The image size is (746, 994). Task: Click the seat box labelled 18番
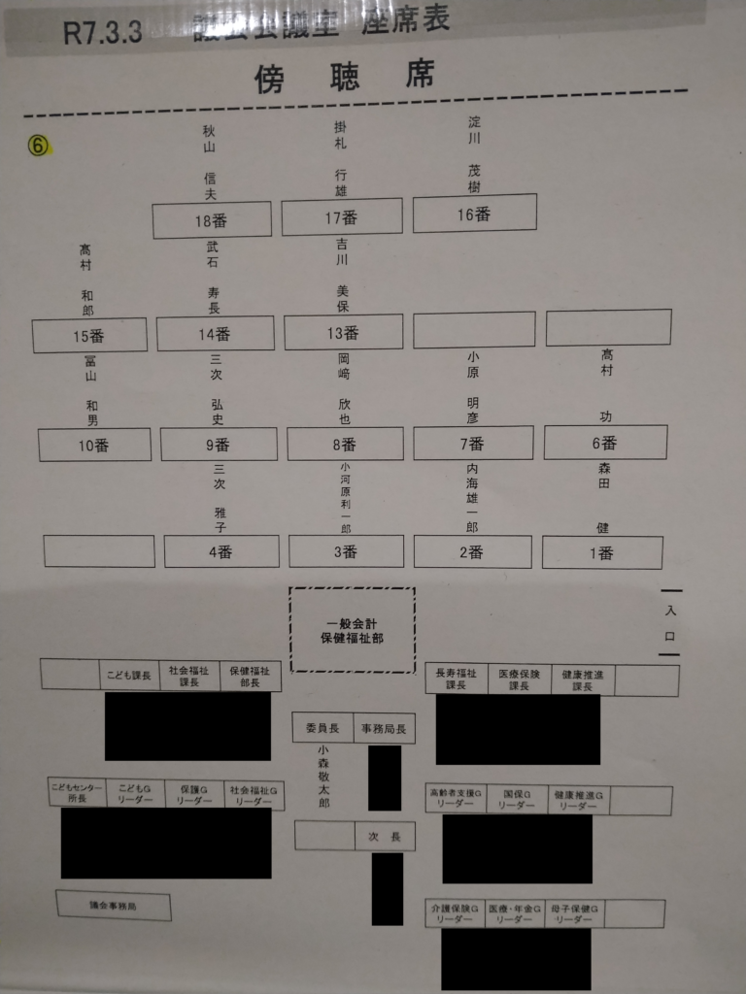(212, 220)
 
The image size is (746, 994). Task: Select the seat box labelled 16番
(474, 215)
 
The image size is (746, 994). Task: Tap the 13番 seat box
(343, 332)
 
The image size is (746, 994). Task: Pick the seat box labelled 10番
(94, 445)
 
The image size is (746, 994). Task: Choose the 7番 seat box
(473, 444)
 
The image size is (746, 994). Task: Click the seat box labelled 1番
(602, 552)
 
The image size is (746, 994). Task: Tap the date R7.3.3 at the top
(103, 32)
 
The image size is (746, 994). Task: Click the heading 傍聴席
(344, 77)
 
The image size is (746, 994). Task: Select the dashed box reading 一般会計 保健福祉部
(352, 630)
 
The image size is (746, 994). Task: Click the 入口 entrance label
(670, 623)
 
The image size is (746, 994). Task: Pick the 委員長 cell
(322, 728)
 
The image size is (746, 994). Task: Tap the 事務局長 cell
(384, 728)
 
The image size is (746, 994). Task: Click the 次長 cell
(384, 836)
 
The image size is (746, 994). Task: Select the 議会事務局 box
(113, 906)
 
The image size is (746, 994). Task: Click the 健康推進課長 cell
(582, 679)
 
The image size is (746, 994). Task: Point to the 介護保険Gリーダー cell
(454, 913)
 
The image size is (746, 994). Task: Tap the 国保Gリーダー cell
(515, 800)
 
